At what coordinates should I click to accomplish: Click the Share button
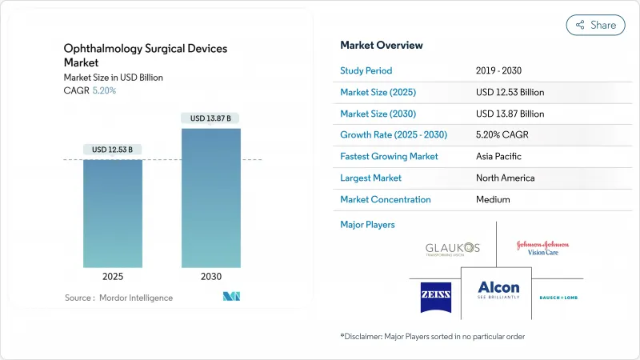click(596, 25)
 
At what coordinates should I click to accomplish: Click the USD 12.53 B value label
click(113, 150)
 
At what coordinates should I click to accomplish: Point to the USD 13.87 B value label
click(211, 118)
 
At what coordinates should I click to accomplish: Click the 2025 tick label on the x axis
click(113, 277)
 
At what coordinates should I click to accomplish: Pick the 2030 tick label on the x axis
click(211, 277)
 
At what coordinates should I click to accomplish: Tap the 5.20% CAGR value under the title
click(104, 90)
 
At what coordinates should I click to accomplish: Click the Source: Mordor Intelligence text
click(118, 298)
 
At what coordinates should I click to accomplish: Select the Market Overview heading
click(382, 46)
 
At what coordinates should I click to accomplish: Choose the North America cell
click(505, 178)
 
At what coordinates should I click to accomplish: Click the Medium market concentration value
click(494, 199)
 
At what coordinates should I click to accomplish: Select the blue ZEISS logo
click(436, 297)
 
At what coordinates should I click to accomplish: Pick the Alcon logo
click(498, 290)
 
